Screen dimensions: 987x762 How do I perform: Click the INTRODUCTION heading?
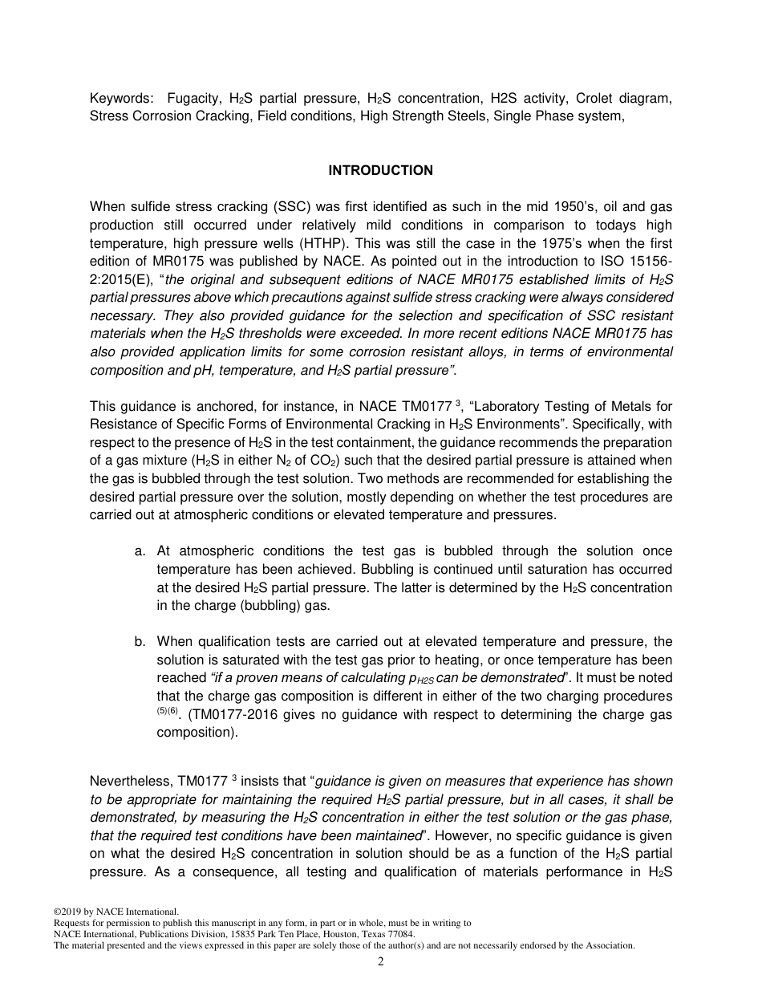point(380,170)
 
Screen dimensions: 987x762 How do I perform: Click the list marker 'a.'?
point(140,551)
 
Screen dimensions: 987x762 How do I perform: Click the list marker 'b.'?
point(140,642)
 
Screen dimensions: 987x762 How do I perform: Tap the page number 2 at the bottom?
point(381,962)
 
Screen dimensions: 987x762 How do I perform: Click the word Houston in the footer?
point(330,934)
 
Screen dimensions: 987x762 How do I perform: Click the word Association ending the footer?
point(608,945)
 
